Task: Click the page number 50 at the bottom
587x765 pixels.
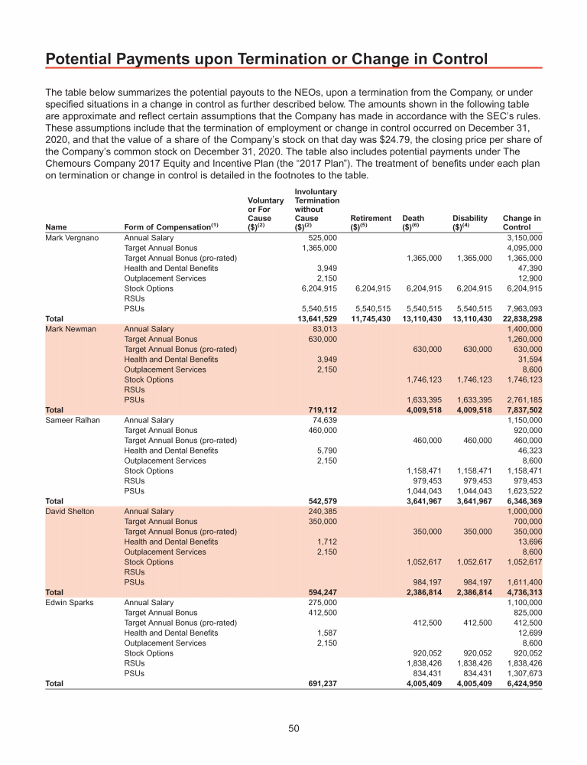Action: click(x=293, y=729)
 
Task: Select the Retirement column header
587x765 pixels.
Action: click(x=371, y=223)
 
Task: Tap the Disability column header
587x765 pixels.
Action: click(x=469, y=223)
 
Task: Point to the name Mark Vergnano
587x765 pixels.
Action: click(x=72, y=238)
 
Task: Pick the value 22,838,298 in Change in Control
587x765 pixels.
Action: click(x=522, y=319)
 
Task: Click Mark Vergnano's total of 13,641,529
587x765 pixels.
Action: click(x=317, y=319)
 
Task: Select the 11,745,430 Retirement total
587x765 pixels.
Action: click(x=371, y=319)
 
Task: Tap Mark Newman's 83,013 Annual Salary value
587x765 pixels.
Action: click(x=325, y=329)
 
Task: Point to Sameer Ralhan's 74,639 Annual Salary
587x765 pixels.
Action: click(x=325, y=420)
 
